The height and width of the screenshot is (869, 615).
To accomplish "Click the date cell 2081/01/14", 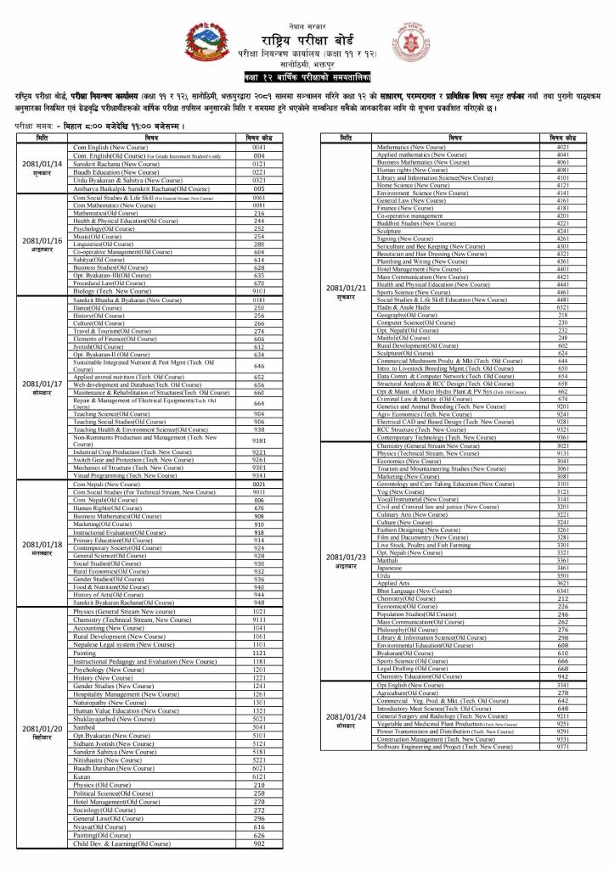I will [42, 167].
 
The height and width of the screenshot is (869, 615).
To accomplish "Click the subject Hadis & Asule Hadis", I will [406, 307].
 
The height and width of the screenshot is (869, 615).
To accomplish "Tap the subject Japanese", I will [389, 567].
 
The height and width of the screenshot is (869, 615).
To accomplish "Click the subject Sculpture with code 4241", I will [389, 231].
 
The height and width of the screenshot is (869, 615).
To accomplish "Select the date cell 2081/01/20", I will [42, 732].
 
